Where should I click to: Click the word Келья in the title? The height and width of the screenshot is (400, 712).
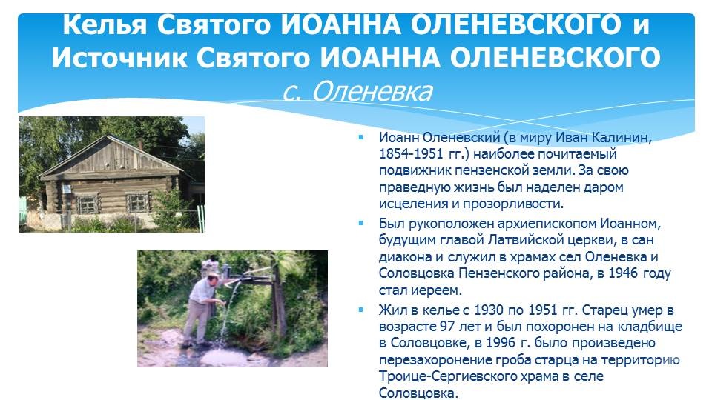(x=105, y=25)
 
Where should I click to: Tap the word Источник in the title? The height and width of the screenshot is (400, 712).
(x=119, y=58)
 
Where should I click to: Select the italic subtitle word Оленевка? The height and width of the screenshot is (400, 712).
(x=372, y=91)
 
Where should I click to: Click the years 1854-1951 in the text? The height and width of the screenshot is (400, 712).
(x=411, y=154)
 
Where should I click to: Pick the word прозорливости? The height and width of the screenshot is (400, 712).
(x=512, y=204)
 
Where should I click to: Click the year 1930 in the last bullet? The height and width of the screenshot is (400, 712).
(x=489, y=310)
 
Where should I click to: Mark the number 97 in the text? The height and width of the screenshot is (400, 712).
(x=447, y=327)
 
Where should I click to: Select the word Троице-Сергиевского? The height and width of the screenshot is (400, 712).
(x=446, y=376)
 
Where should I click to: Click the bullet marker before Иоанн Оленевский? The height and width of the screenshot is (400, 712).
(x=361, y=137)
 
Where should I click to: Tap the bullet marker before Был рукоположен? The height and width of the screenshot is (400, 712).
(x=361, y=223)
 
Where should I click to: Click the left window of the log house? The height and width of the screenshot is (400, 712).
(x=88, y=204)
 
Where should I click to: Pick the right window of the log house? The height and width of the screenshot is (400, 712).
(x=138, y=202)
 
